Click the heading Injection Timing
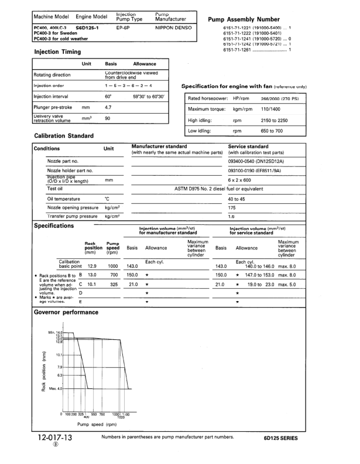pos(58,52)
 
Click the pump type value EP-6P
pos(123,28)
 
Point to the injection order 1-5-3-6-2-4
pos(125,86)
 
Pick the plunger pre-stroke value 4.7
pos(108,108)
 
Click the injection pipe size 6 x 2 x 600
pos(239,180)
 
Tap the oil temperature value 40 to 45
pos(237,198)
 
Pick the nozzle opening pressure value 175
pos(232,207)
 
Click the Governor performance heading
pos(66,312)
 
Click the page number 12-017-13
pos(54,437)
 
